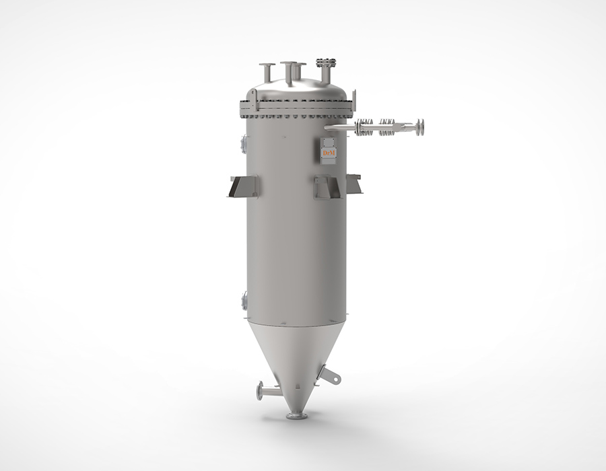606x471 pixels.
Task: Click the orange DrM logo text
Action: tap(329, 153)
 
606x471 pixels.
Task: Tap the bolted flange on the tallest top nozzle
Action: tap(327, 63)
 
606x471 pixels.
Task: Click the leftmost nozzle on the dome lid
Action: tap(267, 67)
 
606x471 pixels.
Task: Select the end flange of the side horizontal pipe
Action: tap(419, 127)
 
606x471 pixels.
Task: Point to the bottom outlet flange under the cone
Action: tap(296, 416)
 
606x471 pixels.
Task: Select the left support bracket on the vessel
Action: tap(242, 186)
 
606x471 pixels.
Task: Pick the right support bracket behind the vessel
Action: tap(354, 182)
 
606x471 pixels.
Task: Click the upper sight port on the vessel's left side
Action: tap(243, 143)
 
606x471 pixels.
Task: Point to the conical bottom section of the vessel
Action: tap(296, 357)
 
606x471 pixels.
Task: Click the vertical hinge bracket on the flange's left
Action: tap(248, 102)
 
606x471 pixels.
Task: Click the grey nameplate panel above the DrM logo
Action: tap(329, 142)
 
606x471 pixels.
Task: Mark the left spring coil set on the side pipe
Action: tap(366, 126)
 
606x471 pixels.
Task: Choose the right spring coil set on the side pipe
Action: tap(388, 127)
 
